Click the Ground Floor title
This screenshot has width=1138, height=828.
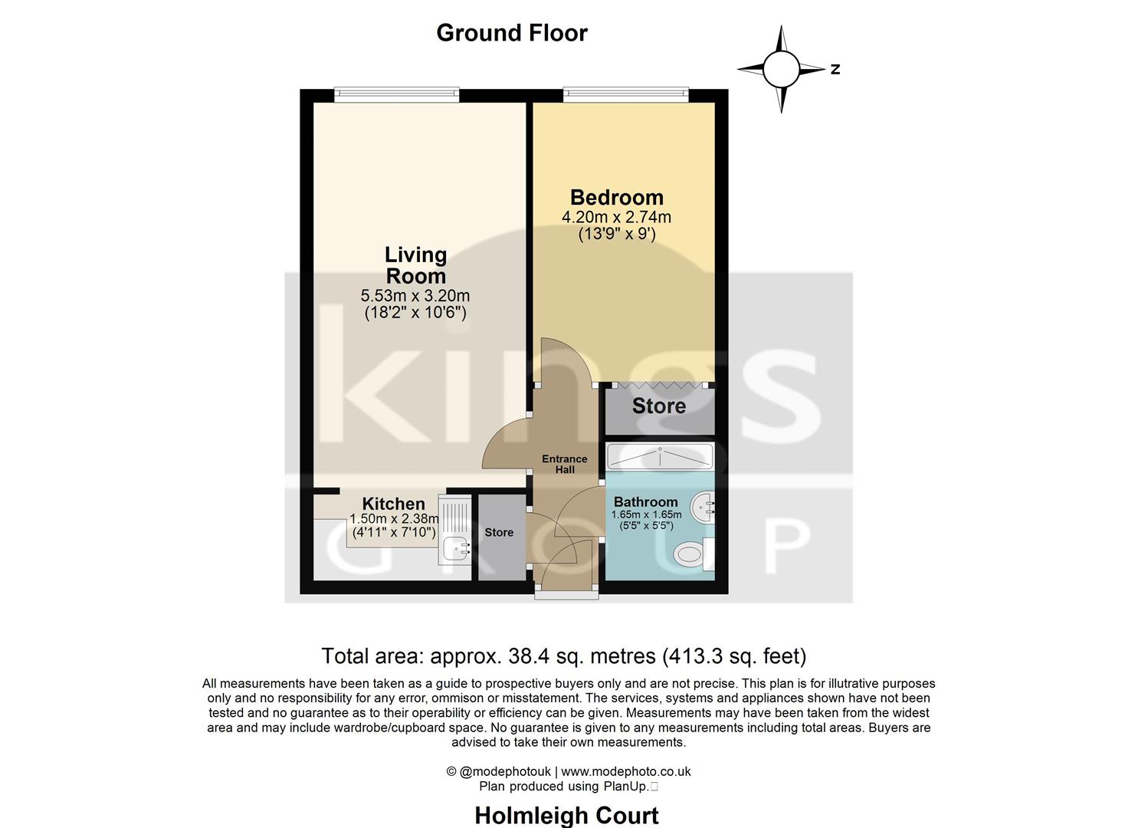click(511, 33)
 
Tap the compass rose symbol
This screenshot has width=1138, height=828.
click(781, 69)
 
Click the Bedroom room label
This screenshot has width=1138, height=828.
click(616, 198)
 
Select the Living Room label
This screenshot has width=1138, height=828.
click(415, 265)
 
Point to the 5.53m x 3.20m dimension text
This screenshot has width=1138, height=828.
click(415, 296)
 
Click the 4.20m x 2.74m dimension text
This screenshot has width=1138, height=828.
click(616, 217)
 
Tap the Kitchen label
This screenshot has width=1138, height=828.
click(393, 504)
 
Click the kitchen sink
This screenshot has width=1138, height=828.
click(457, 548)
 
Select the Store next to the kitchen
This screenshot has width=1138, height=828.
click(499, 532)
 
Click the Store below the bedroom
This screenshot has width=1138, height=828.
click(658, 406)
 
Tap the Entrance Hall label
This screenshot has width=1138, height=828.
click(565, 464)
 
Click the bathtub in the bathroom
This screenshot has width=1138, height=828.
click(659, 458)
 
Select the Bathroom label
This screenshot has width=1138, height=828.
click(645, 502)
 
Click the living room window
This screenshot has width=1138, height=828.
click(396, 95)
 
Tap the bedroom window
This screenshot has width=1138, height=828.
click(625, 95)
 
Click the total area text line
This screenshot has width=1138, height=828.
click(563, 656)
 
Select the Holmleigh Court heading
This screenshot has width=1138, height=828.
click(566, 815)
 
